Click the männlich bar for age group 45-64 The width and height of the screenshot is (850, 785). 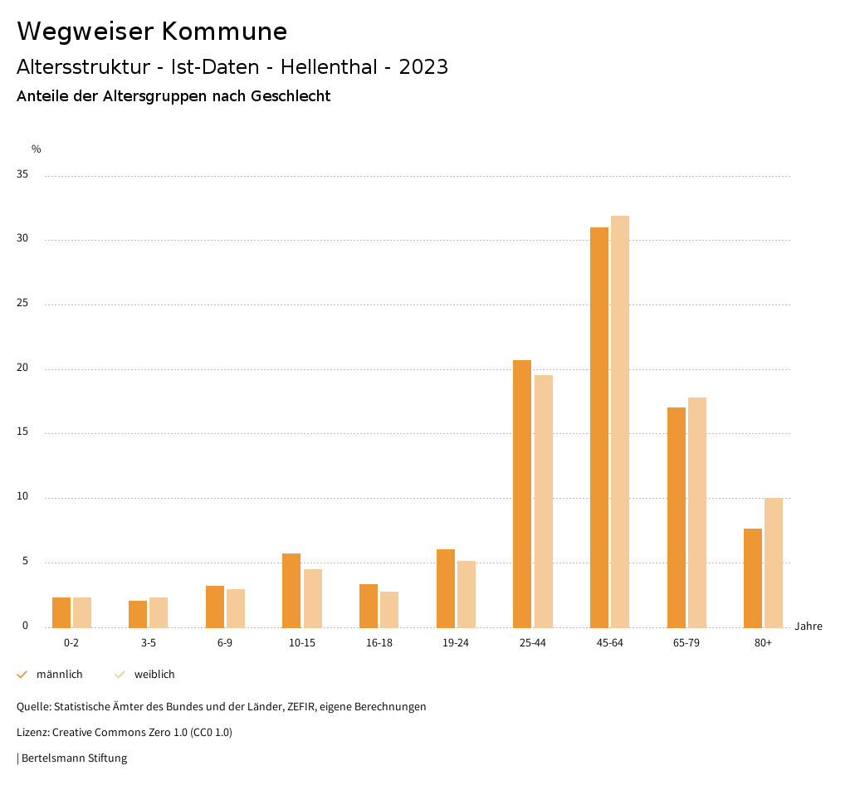tap(599, 427)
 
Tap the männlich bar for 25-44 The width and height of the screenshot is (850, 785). tap(522, 494)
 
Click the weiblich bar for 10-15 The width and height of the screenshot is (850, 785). tap(313, 598)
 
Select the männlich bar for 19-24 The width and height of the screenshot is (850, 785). tap(446, 588)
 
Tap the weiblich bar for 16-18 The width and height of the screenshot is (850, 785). tap(389, 609)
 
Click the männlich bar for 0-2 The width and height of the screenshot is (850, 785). tap(61, 612)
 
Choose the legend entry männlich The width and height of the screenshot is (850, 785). tap(59, 675)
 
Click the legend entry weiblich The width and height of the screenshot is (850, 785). tap(154, 675)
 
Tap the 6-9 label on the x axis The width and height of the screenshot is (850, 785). tap(225, 643)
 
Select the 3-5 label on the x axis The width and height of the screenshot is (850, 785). tap(149, 643)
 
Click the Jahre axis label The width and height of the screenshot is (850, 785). tap(808, 627)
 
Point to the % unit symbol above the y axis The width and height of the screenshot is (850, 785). tap(37, 149)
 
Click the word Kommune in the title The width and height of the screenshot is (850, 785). tap(224, 32)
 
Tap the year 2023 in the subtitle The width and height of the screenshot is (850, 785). tap(423, 67)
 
